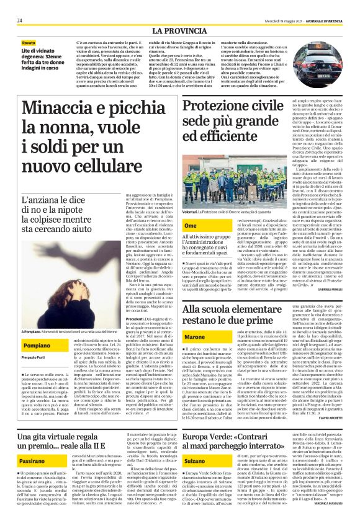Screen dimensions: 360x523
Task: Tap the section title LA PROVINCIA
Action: point(179,30)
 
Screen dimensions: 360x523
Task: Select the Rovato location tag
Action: point(29,43)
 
